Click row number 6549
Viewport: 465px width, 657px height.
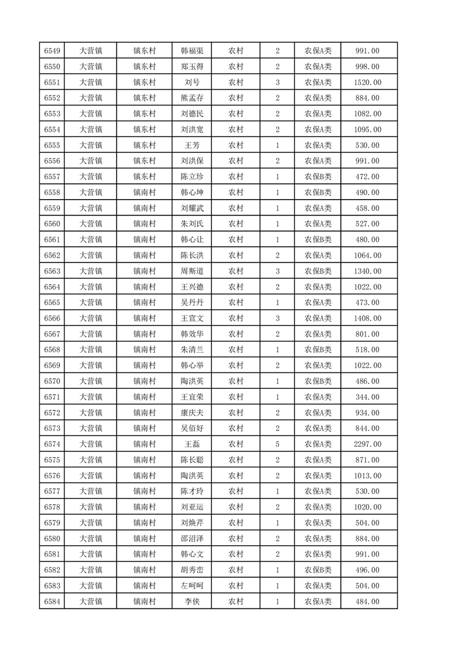click(x=52, y=50)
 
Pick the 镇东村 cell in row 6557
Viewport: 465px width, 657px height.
click(x=144, y=176)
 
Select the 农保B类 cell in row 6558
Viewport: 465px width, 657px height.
click(x=317, y=192)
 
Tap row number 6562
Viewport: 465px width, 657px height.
click(x=52, y=255)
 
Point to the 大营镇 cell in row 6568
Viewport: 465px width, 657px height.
click(x=90, y=350)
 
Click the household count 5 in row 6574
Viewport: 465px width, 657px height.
click(x=277, y=444)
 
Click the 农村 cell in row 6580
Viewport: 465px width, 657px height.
click(x=236, y=539)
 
